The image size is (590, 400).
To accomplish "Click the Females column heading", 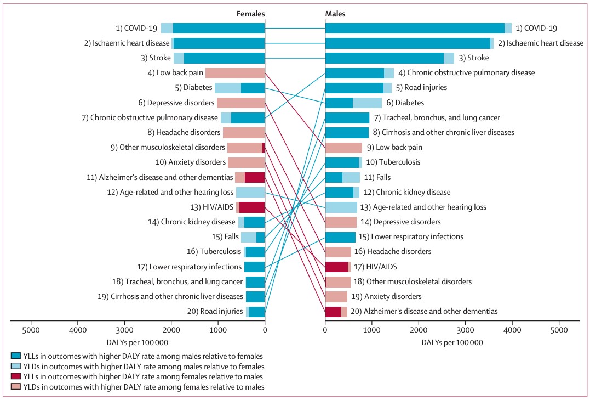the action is [250, 14].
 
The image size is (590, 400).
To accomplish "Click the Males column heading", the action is [335, 14].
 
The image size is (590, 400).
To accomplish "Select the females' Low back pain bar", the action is [235, 73].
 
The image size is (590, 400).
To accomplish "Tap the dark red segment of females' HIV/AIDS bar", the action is [252, 207].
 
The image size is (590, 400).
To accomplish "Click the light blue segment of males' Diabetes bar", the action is [367, 103].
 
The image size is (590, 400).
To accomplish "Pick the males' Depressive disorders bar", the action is [341, 222].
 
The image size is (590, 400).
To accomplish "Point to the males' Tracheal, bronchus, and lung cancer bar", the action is [347, 117].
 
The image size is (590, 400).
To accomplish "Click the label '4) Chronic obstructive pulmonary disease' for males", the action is [467, 73].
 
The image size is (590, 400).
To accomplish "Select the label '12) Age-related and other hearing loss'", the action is [170, 192].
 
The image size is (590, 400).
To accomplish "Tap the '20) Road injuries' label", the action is [215, 312].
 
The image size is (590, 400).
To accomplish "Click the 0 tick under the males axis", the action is [325, 330].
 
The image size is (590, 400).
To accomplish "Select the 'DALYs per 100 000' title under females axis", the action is [138, 343].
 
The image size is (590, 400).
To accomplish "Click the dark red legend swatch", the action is [16, 376].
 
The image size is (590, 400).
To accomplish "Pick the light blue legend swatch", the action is [16, 366].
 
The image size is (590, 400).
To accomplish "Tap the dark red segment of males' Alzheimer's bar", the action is [333, 312].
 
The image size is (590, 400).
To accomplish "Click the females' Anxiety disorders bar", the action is [247, 162].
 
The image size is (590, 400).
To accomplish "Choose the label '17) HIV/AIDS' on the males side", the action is [375, 267].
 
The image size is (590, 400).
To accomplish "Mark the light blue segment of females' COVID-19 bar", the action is [167, 29].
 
